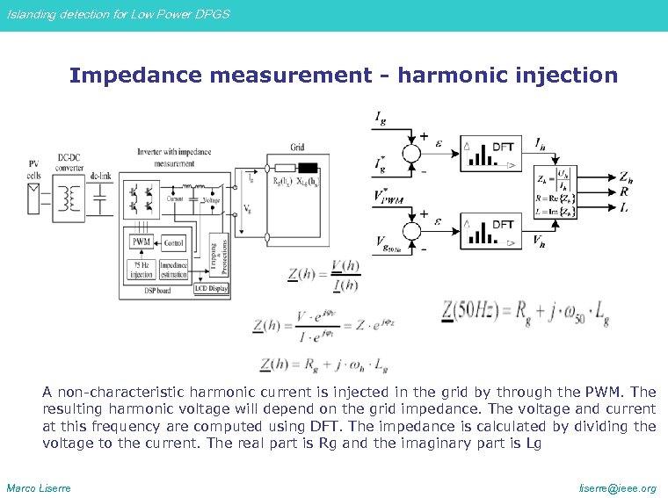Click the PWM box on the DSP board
[x=141, y=242]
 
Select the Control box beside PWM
[x=173, y=242]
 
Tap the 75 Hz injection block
[x=141, y=270]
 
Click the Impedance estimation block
[x=173, y=270]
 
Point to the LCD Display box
[x=210, y=288]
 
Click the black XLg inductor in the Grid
[x=307, y=170]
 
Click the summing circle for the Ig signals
[x=409, y=150]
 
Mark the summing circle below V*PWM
[x=409, y=230]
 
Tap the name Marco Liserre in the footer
[x=39, y=487]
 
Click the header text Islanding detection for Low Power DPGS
[x=118, y=15]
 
